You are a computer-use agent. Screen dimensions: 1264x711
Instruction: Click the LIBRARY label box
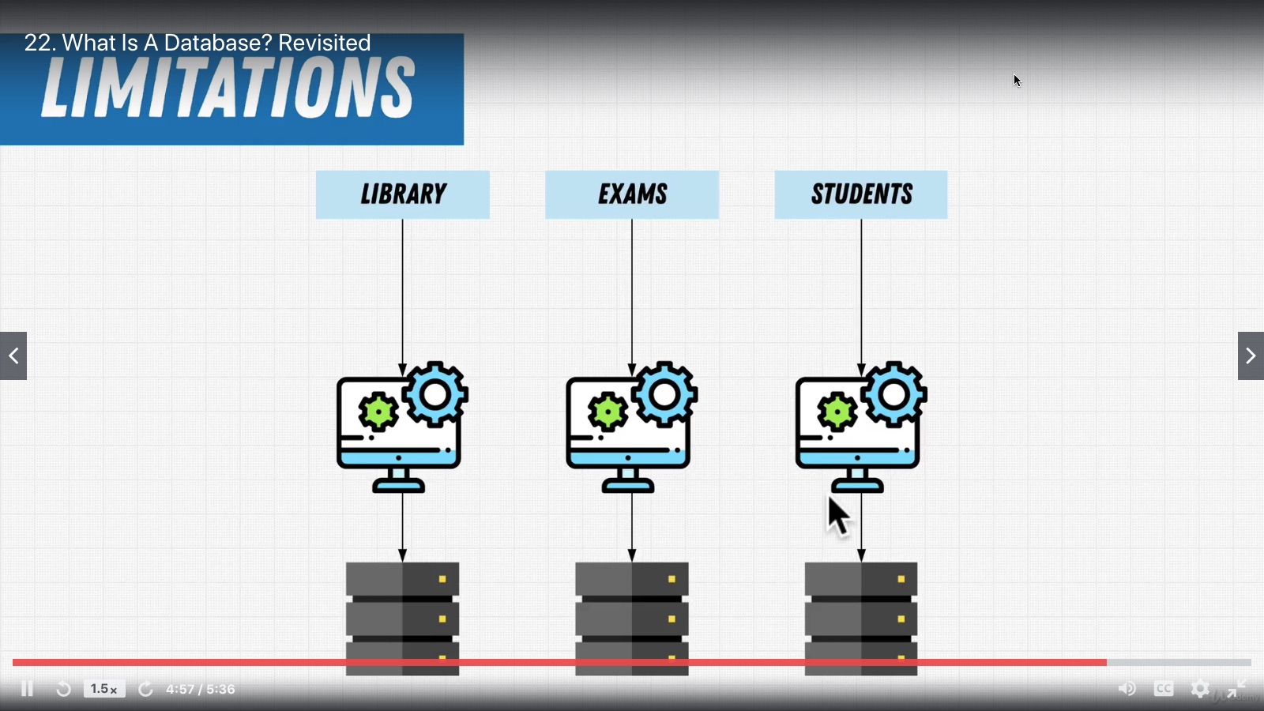click(402, 194)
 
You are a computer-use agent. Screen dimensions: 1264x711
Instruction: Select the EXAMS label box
click(631, 194)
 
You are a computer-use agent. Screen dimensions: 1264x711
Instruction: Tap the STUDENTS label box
click(860, 194)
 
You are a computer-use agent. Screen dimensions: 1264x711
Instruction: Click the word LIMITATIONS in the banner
click(228, 88)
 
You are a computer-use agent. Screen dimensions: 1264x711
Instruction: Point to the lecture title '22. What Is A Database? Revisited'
click(197, 43)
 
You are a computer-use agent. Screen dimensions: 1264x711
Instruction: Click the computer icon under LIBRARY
click(399, 431)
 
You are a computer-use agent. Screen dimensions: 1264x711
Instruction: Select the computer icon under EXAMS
click(629, 431)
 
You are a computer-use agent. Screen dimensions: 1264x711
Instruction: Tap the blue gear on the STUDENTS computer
click(893, 394)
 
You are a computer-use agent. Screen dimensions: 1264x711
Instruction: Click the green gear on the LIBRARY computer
click(378, 412)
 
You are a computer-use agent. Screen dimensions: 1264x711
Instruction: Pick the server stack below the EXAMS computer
click(631, 616)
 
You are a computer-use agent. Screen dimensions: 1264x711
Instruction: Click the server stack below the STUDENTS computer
click(860, 616)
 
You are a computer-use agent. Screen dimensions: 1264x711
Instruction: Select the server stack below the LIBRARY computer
click(402, 616)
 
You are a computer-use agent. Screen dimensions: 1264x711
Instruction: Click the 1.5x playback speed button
click(104, 689)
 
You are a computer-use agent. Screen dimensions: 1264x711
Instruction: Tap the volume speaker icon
click(1127, 689)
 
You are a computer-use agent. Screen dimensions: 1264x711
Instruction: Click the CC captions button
click(1164, 689)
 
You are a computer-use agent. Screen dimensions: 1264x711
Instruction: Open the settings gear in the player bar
click(1200, 689)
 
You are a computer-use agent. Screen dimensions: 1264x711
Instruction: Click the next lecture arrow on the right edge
click(1251, 355)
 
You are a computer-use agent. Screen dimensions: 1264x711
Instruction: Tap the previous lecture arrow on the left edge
click(13, 355)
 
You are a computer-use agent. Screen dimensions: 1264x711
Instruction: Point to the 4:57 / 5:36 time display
click(201, 689)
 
